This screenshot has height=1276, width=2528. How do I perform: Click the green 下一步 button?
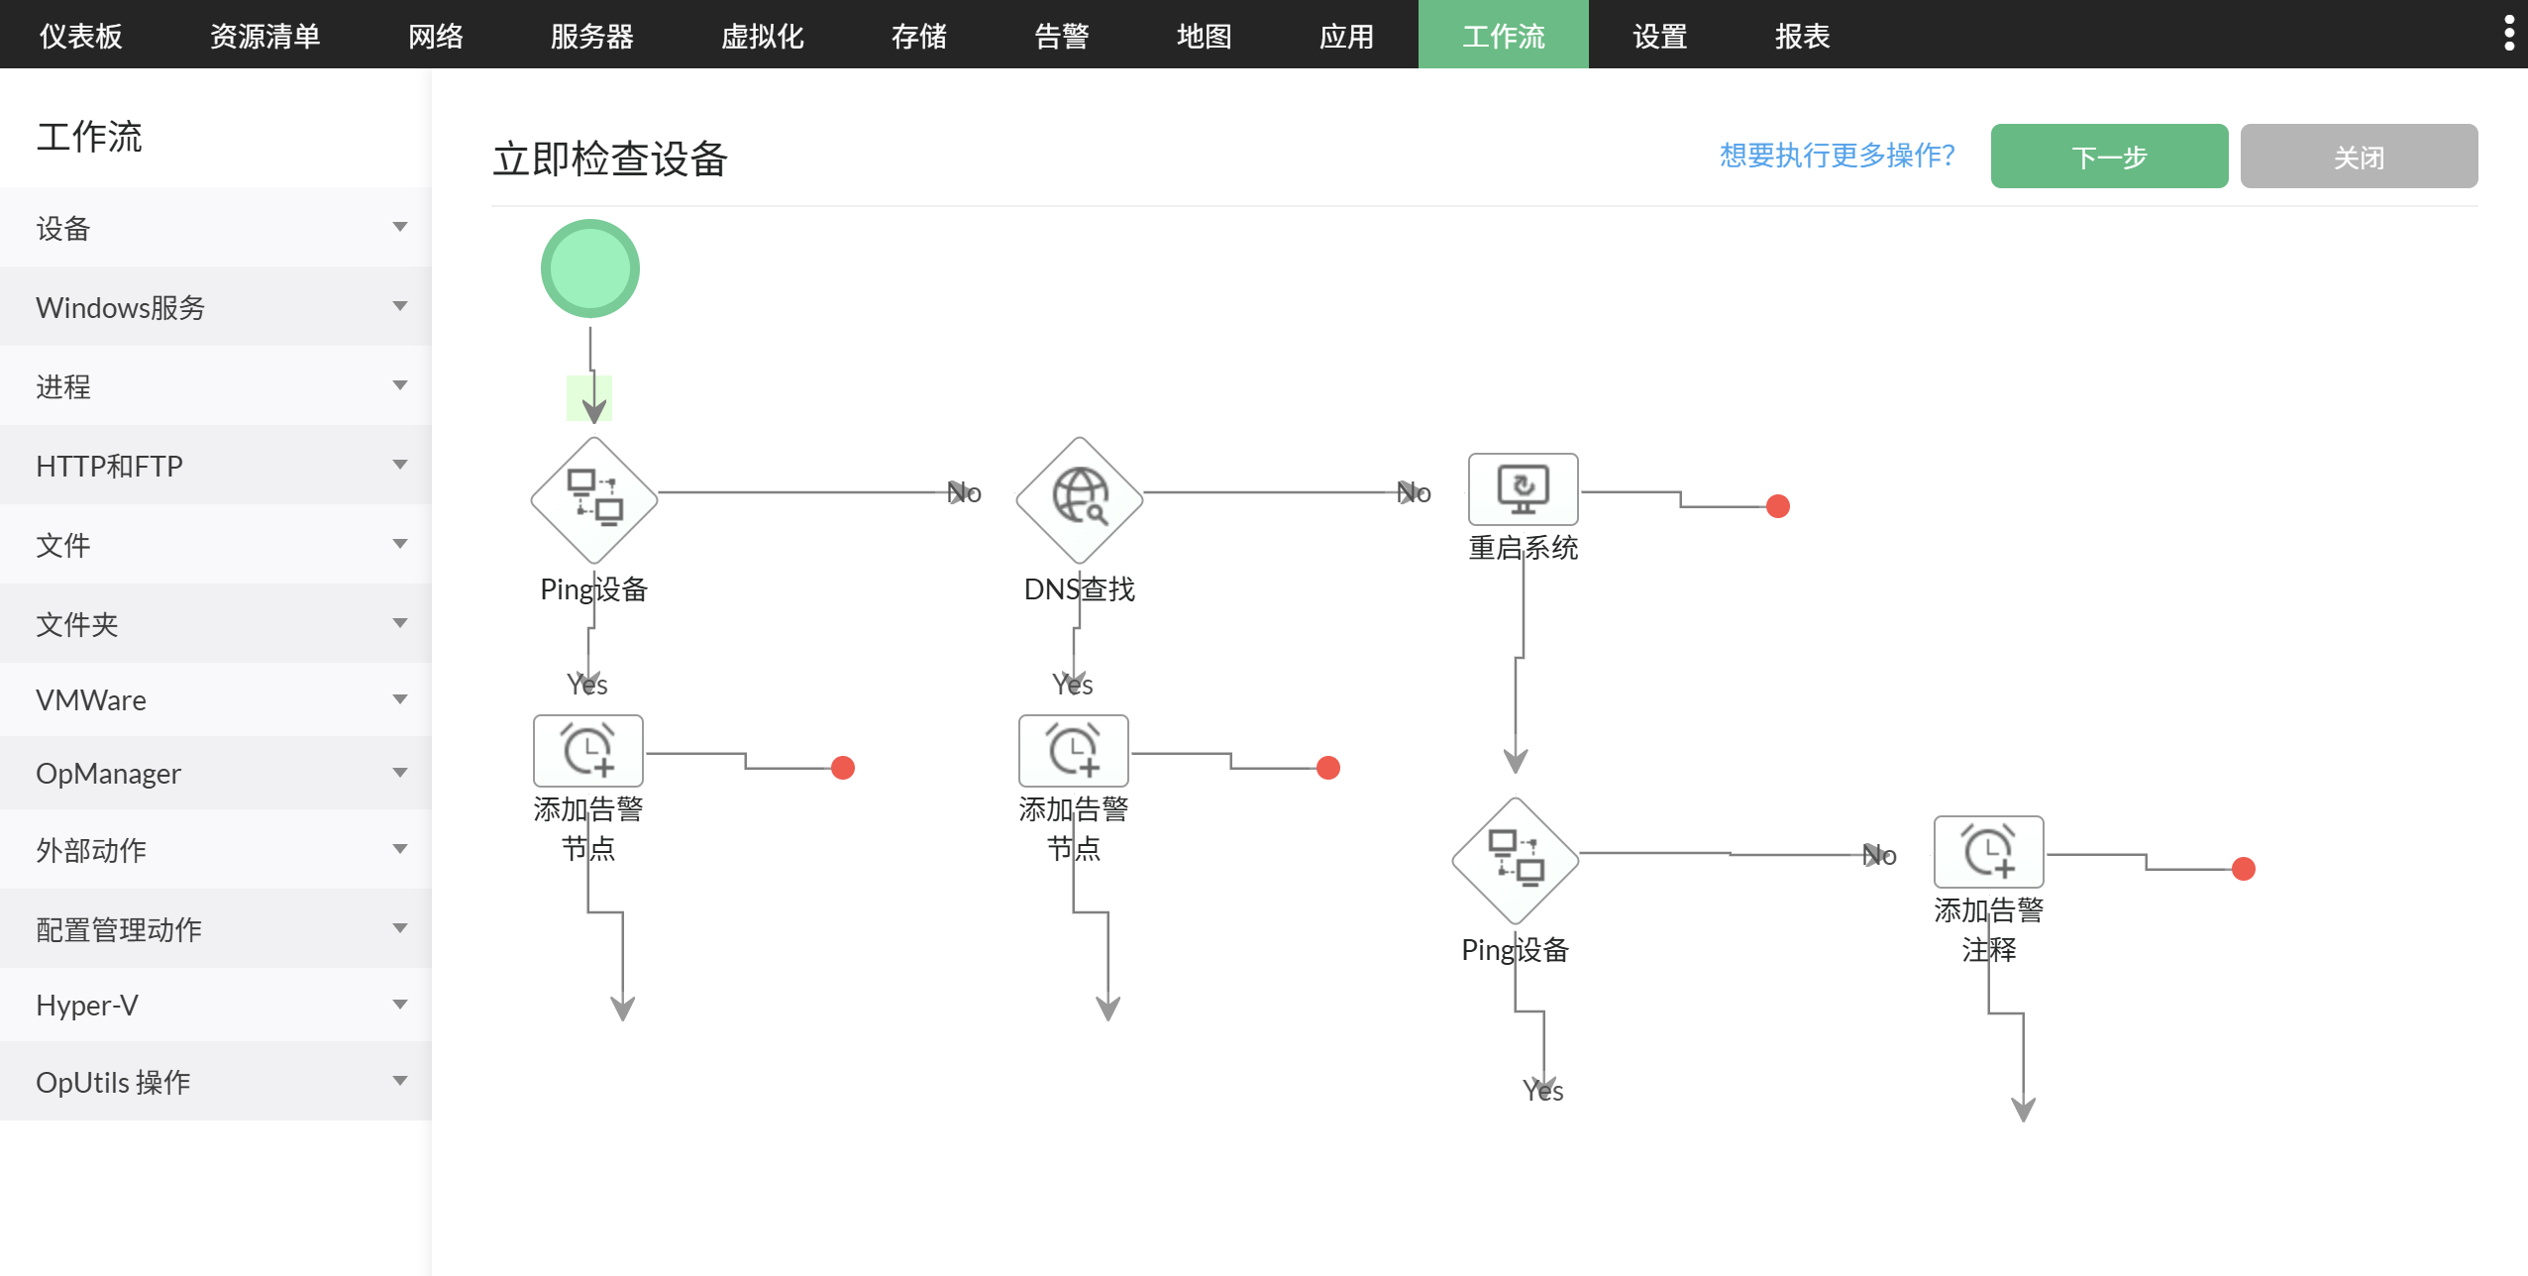click(x=2108, y=157)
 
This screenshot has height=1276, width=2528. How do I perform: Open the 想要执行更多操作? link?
click(x=1837, y=156)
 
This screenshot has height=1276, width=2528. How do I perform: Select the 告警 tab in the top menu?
click(x=1061, y=36)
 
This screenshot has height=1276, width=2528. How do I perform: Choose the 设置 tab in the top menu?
click(x=1659, y=36)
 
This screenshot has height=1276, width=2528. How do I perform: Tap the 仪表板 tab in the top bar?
click(x=81, y=36)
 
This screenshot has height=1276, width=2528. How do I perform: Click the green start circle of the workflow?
click(x=590, y=268)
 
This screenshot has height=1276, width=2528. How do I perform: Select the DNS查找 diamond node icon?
click(x=1079, y=499)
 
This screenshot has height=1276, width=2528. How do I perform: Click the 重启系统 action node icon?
click(x=1523, y=489)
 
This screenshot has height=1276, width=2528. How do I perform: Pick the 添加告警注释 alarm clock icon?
click(x=1988, y=852)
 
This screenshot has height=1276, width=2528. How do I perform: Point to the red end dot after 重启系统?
click(x=1778, y=506)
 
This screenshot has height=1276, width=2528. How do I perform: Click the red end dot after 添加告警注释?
click(x=2244, y=869)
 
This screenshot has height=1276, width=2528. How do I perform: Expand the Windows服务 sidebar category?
click(x=216, y=307)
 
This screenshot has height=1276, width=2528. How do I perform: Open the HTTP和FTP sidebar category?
click(x=216, y=466)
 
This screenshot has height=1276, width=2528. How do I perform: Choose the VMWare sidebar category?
click(x=216, y=700)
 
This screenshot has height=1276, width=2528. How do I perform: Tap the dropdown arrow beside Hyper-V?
click(x=400, y=1005)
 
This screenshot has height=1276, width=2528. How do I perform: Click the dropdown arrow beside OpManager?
click(x=400, y=773)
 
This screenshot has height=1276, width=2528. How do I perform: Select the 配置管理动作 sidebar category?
click(x=216, y=929)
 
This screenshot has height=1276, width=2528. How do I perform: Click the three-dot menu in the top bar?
click(x=2508, y=34)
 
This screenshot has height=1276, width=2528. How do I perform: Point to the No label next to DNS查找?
click(x=1414, y=492)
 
